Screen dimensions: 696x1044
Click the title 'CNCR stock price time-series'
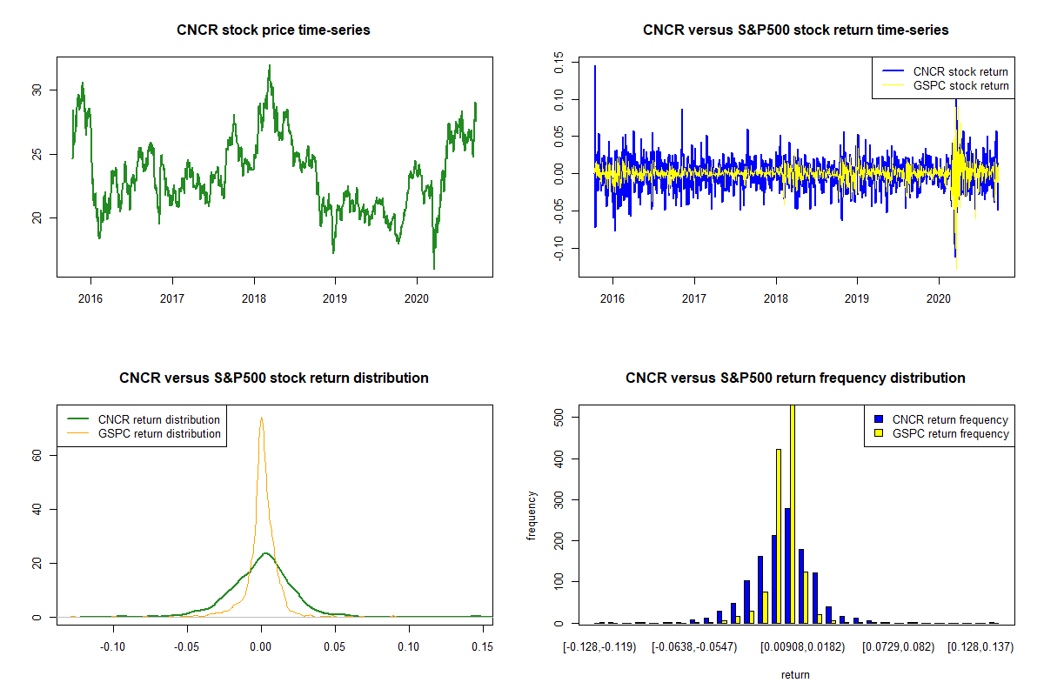pos(273,30)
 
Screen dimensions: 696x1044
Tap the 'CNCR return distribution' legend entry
pos(159,419)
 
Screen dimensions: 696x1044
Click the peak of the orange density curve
pos(261,418)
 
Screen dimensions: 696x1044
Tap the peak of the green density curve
pos(265,553)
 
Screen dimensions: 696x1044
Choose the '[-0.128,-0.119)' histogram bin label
pos(599,647)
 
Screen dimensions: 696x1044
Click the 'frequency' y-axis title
pos(532,515)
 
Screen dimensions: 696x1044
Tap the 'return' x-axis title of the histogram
pos(795,674)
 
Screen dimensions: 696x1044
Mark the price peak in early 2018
pos(270,66)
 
